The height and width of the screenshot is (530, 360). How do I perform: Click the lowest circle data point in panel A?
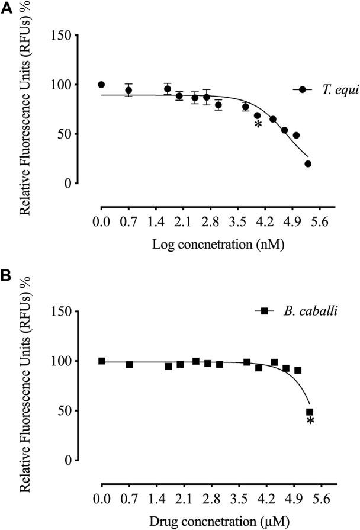pyautogui.click(x=308, y=163)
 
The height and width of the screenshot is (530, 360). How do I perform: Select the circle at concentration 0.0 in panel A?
pyautogui.click(x=101, y=85)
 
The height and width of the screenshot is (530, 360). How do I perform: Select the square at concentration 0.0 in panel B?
pyautogui.click(x=102, y=361)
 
